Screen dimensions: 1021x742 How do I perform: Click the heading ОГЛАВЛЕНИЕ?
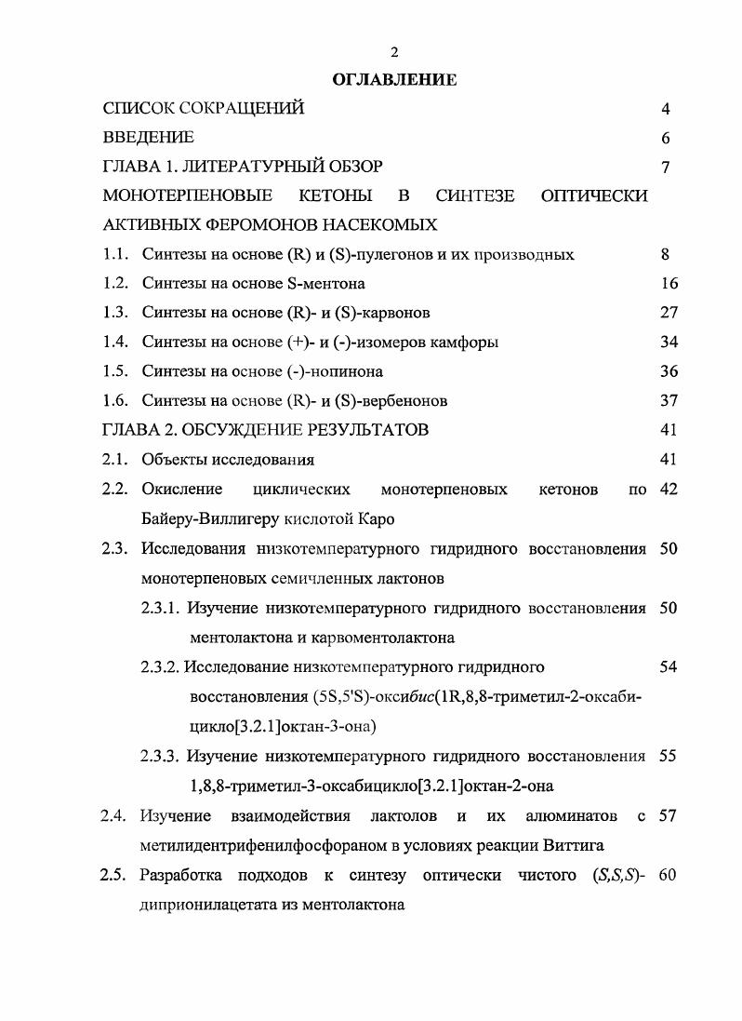[395, 80]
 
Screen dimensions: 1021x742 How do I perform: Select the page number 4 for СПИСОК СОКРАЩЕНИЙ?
[666, 109]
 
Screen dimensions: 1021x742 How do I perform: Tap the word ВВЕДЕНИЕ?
[149, 138]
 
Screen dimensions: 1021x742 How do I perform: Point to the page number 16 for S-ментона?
[669, 283]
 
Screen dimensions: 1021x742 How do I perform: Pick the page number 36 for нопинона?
[669, 370]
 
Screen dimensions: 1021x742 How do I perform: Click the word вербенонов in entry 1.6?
[404, 400]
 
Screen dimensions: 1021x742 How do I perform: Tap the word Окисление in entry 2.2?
[182, 489]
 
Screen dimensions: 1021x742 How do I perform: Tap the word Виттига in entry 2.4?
[576, 845]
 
